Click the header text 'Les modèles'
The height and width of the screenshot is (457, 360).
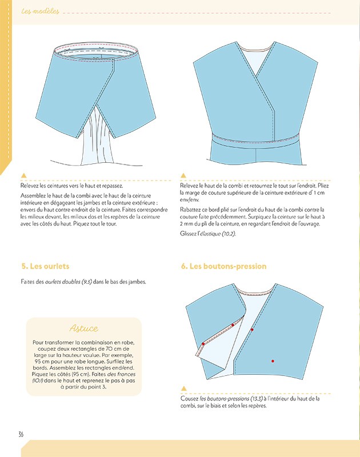(x=39, y=11)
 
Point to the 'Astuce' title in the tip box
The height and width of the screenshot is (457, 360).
(x=83, y=328)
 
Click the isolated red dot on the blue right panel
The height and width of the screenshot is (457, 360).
(x=273, y=361)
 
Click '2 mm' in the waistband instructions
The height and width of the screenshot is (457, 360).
(x=184, y=226)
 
